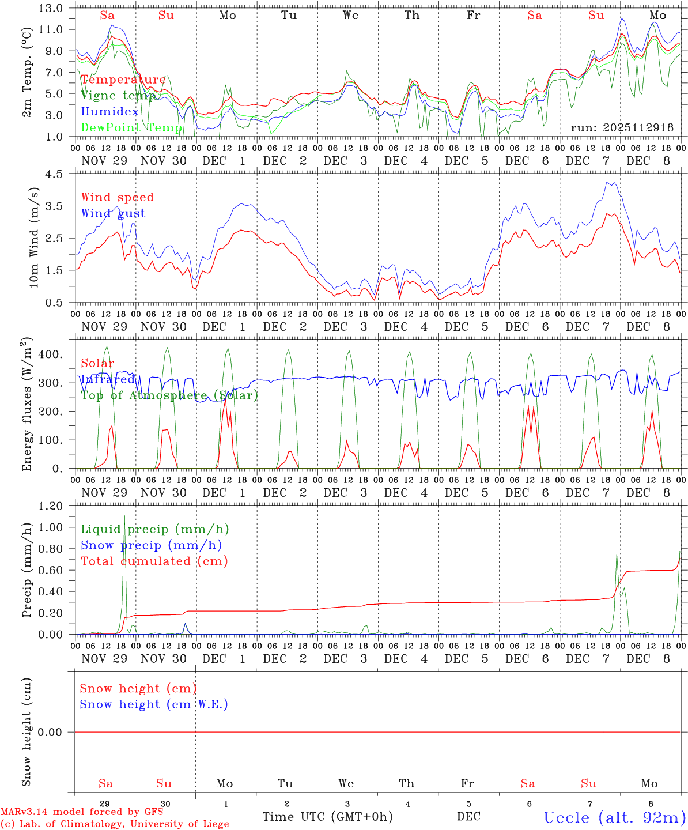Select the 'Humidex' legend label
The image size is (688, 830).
[x=109, y=111]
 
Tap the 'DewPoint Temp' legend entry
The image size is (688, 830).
[x=131, y=127]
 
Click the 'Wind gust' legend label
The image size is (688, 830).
[x=113, y=213]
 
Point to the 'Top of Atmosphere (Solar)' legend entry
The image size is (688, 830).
[x=169, y=395]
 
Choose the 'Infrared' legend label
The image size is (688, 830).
[x=108, y=379]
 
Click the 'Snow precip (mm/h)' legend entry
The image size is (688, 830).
[x=151, y=545]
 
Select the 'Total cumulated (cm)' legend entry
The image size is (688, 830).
[x=154, y=561]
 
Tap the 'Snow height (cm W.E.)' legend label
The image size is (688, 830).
[x=154, y=704]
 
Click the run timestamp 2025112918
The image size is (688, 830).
[x=622, y=127]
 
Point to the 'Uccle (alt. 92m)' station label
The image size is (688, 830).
[x=615, y=817]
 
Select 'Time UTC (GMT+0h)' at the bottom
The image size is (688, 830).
[x=327, y=817]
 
